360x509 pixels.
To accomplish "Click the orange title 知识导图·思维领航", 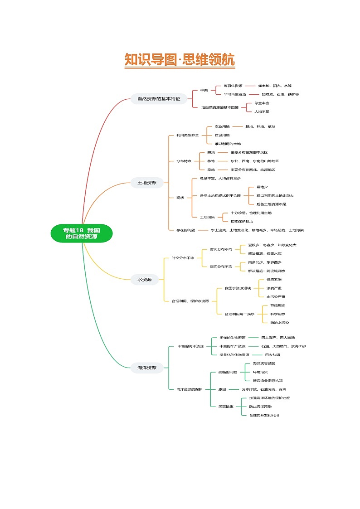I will click(x=180, y=60).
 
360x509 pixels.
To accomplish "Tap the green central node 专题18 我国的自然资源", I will click(x=82, y=233).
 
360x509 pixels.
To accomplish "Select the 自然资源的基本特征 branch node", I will click(x=159, y=98).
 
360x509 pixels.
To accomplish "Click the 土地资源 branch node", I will click(x=147, y=183).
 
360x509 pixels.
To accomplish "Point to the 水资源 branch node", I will click(x=145, y=280).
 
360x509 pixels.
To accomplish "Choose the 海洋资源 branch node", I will click(x=147, y=368).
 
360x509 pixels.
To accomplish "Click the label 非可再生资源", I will click(x=235, y=94).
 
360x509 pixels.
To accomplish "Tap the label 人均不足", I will click(x=262, y=111).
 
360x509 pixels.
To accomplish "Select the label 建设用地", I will click(x=222, y=135).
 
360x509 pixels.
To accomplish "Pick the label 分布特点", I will click(x=184, y=161).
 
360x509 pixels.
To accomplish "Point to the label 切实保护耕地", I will click(x=242, y=221).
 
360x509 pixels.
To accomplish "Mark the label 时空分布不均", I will click(x=183, y=258).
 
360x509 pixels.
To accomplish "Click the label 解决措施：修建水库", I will click(x=265, y=253).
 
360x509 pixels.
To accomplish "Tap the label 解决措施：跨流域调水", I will click(x=267, y=271).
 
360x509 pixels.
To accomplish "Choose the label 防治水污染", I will click(x=279, y=322).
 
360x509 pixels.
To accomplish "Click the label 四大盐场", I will click(x=272, y=354).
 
